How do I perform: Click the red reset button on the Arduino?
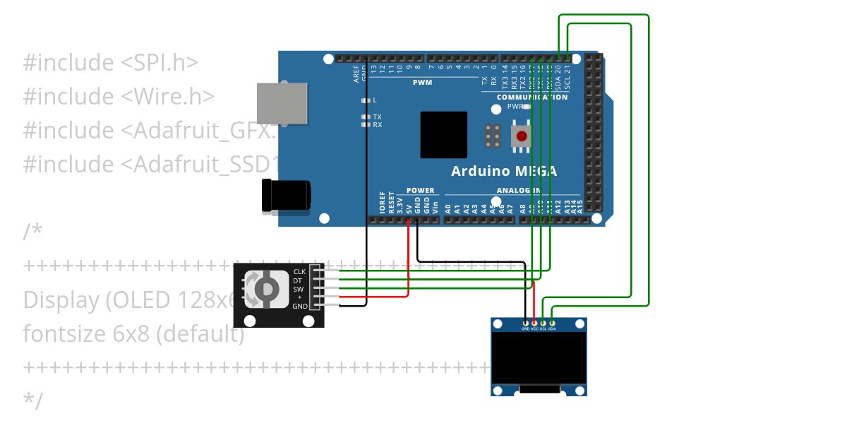(x=522, y=136)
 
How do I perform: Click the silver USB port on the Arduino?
(x=282, y=103)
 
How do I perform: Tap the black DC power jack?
(x=286, y=196)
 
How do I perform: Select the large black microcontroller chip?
(x=443, y=135)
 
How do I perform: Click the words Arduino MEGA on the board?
(x=504, y=171)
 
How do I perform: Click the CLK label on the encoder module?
(x=299, y=272)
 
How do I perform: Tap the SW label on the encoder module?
(x=299, y=289)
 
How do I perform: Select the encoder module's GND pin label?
(x=299, y=307)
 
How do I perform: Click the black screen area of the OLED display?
(x=539, y=357)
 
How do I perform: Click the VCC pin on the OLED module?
(x=534, y=328)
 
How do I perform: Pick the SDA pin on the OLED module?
(x=552, y=328)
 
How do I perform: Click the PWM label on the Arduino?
(x=422, y=83)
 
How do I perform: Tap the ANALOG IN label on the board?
(x=519, y=191)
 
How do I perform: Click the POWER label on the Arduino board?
(x=421, y=191)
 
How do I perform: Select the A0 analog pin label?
(x=447, y=209)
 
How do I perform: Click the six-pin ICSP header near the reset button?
(x=493, y=135)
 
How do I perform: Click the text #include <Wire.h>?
(x=119, y=96)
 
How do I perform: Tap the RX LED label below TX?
(x=378, y=125)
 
